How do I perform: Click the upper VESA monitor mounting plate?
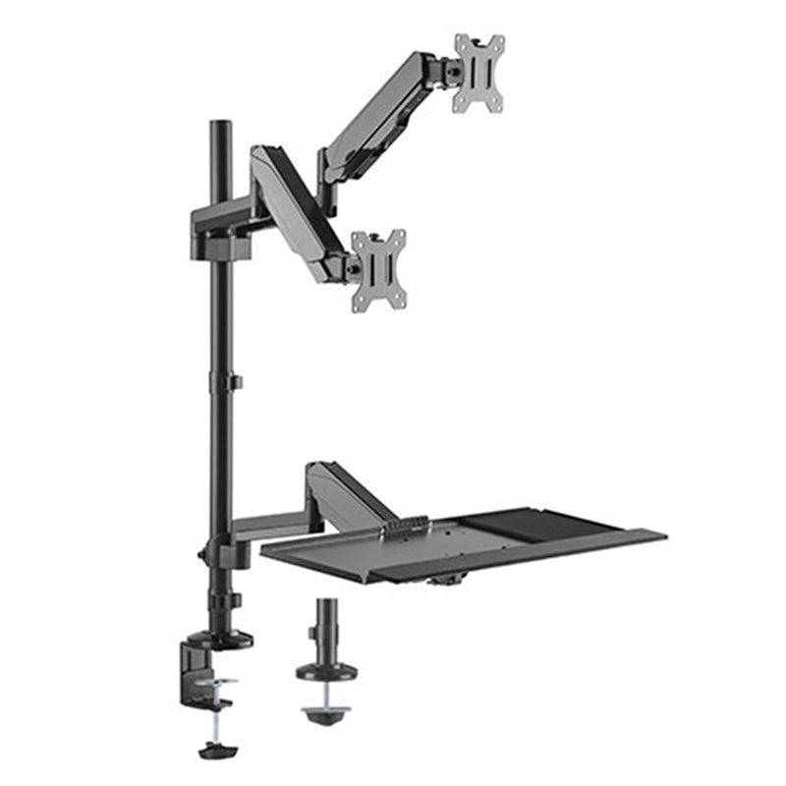click(478, 73)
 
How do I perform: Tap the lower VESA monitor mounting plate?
click(379, 269)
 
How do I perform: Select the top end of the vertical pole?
click(217, 127)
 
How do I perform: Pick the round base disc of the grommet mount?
click(326, 672)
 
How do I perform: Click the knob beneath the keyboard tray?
click(446, 581)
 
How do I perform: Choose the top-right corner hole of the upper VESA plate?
click(498, 42)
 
